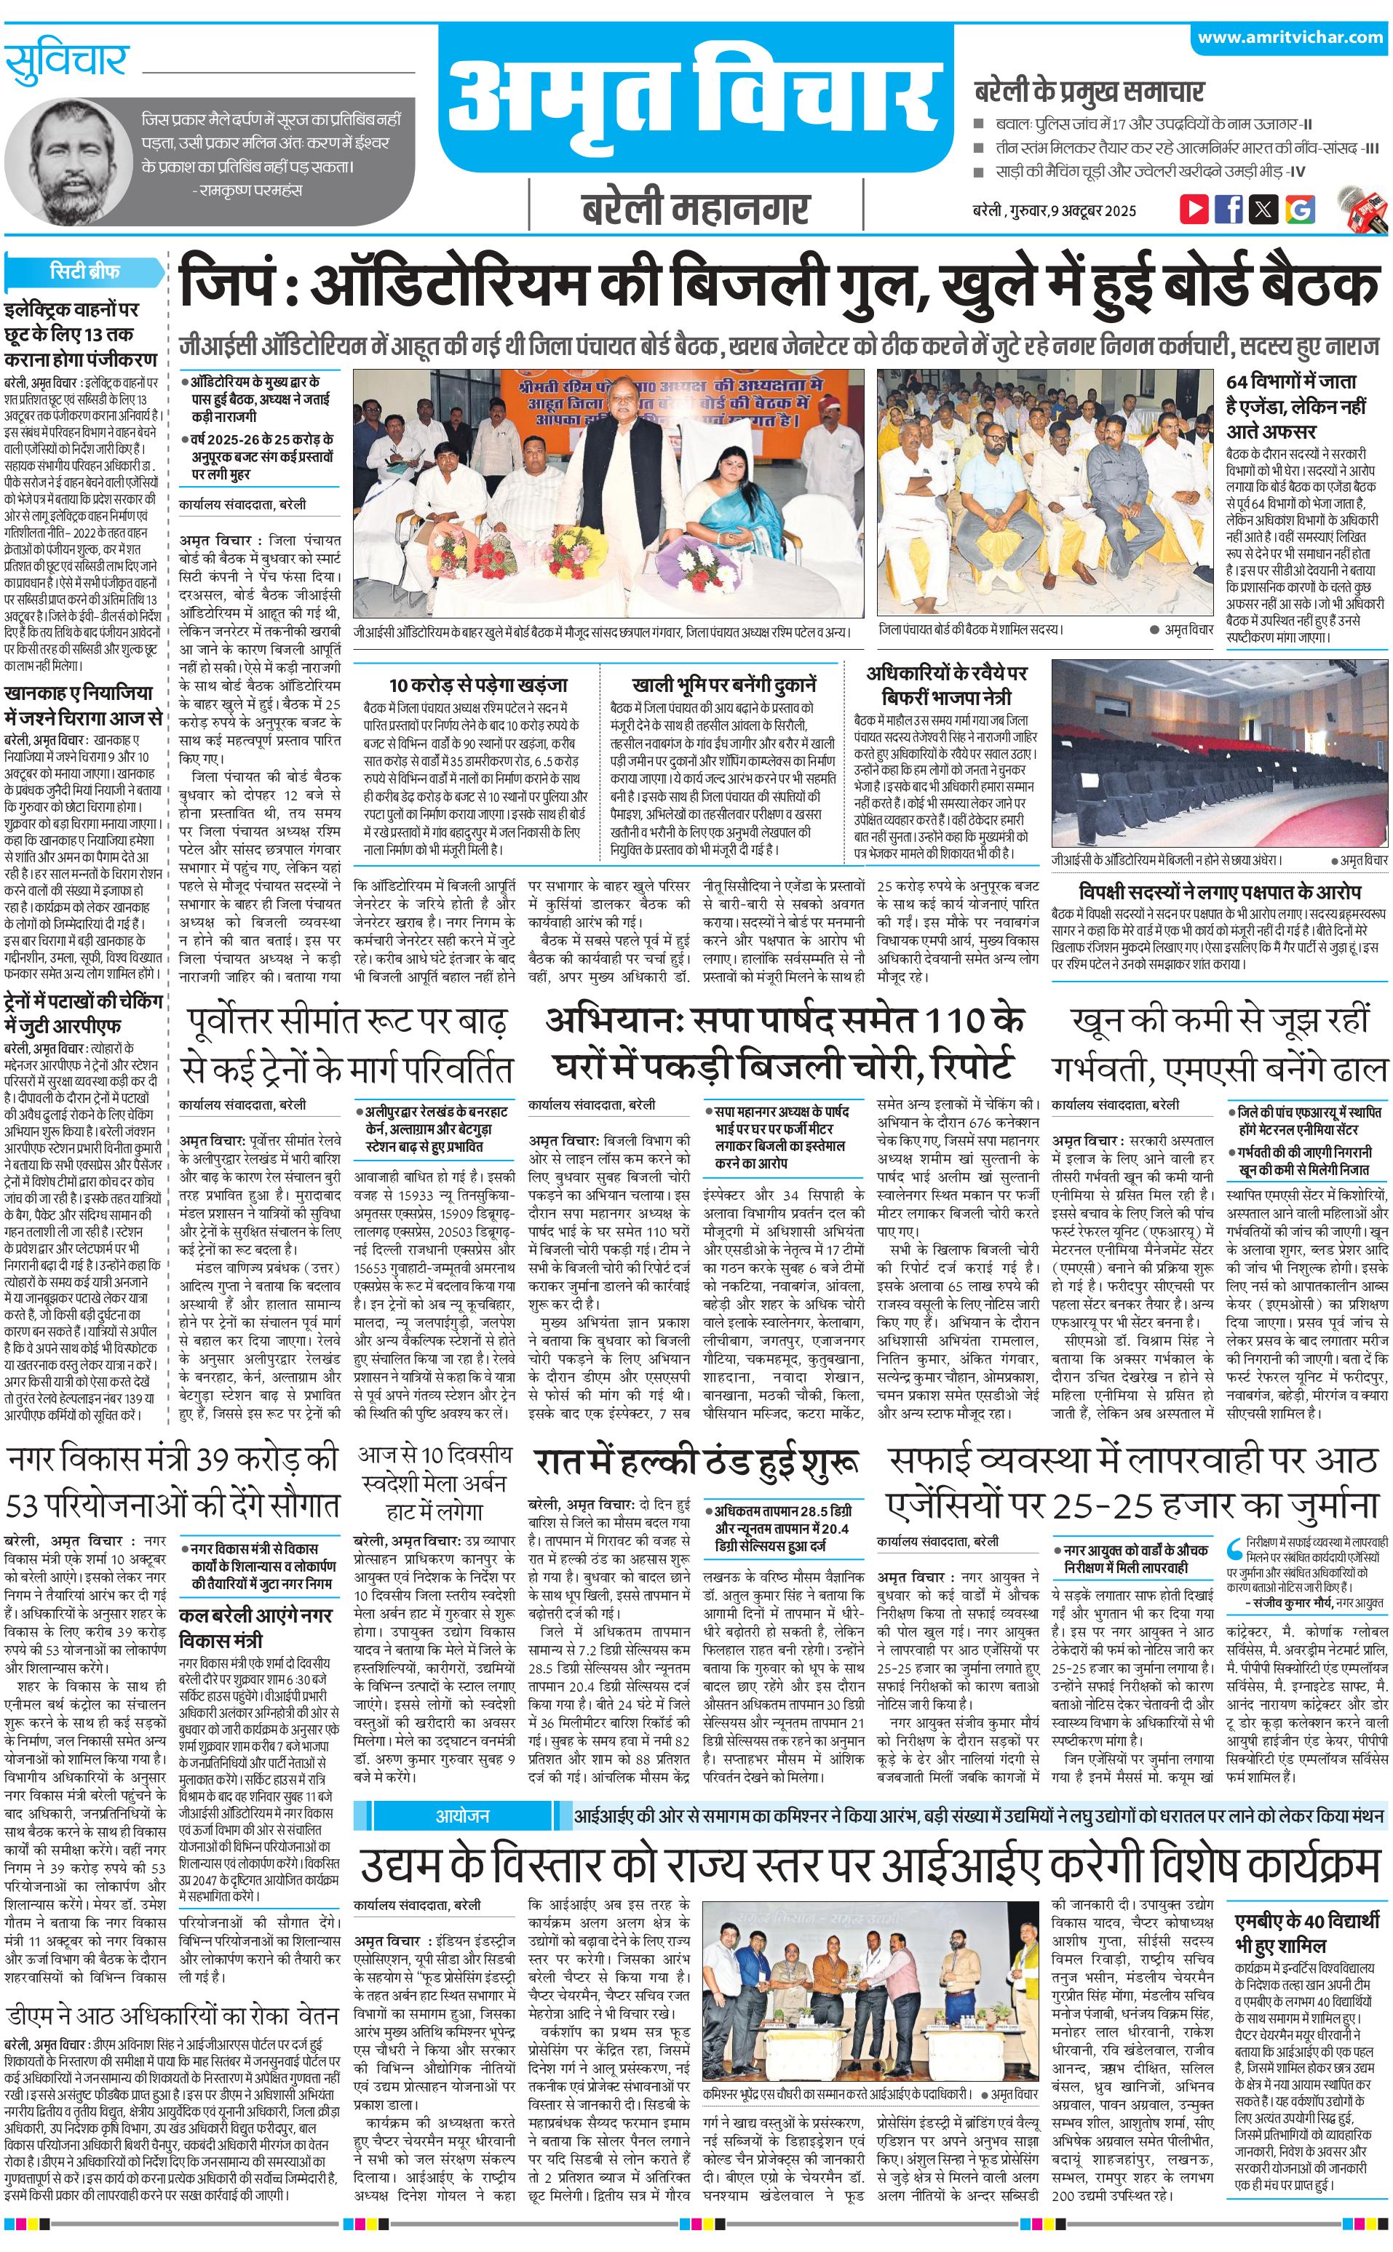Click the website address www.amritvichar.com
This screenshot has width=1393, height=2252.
(1290, 38)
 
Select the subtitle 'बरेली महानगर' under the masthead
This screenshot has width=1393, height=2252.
(696, 209)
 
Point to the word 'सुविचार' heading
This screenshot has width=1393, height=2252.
(66, 62)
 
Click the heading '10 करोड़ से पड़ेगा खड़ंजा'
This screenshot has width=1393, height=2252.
(478, 685)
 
